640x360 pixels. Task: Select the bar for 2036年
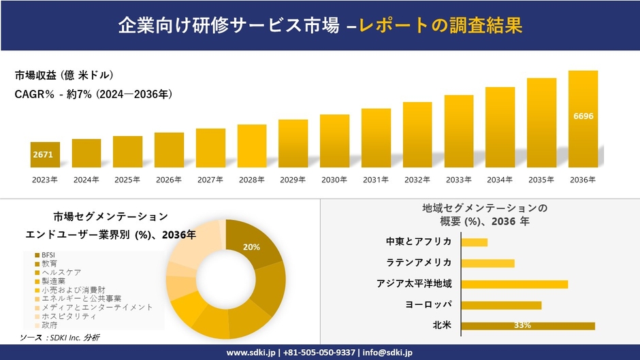click(x=583, y=119)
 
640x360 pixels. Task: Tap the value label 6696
click(x=583, y=116)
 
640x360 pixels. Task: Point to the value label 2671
click(x=42, y=154)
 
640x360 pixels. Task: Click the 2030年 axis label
click(x=334, y=180)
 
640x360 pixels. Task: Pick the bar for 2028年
click(x=252, y=146)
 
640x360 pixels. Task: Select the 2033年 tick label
click(x=458, y=180)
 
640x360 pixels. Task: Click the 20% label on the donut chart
click(x=251, y=247)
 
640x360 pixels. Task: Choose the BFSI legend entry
click(x=48, y=255)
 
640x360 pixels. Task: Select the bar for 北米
click(x=528, y=325)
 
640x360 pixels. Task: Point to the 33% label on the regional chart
click(x=522, y=325)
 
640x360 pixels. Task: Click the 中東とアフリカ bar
click(x=474, y=242)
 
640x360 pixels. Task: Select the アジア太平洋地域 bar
click(x=514, y=284)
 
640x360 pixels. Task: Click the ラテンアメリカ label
click(x=419, y=263)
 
